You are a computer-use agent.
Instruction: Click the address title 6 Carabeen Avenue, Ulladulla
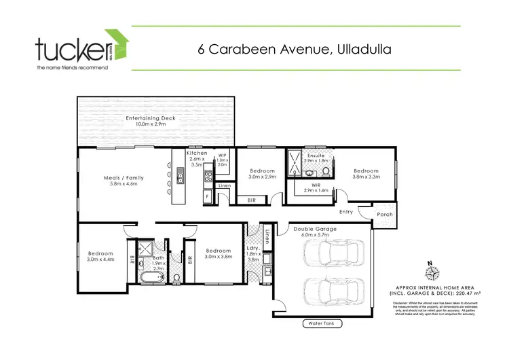[x=295, y=49]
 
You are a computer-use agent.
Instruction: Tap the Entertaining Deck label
[x=150, y=122]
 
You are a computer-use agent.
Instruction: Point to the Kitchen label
[x=197, y=159]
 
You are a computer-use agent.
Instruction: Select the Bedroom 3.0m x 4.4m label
[x=102, y=255]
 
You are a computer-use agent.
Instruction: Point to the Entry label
[x=346, y=212]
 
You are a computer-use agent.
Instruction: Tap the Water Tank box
[x=323, y=324]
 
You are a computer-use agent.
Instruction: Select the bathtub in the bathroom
[x=151, y=276]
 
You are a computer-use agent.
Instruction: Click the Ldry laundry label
[x=254, y=256]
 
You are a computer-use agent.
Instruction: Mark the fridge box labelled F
[x=207, y=196]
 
